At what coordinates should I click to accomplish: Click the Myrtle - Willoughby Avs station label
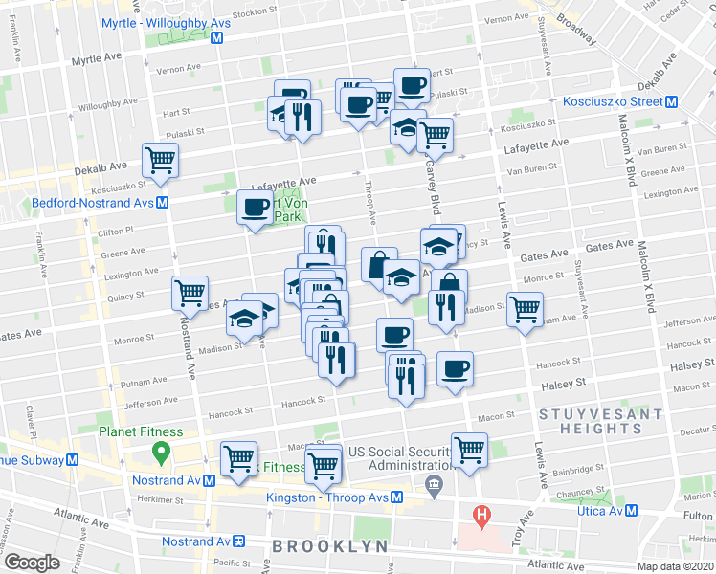(x=154, y=22)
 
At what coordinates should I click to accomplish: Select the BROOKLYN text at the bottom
(x=330, y=546)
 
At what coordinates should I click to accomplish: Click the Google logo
(x=32, y=562)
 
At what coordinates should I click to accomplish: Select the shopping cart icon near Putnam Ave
(x=525, y=310)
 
